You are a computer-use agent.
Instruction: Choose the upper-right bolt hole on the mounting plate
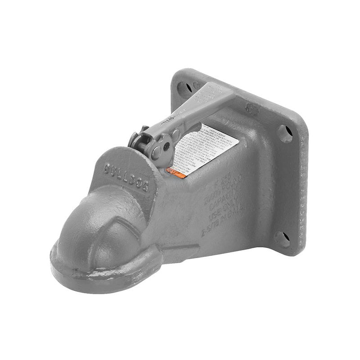283,131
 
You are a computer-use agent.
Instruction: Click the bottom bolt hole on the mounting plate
282,238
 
